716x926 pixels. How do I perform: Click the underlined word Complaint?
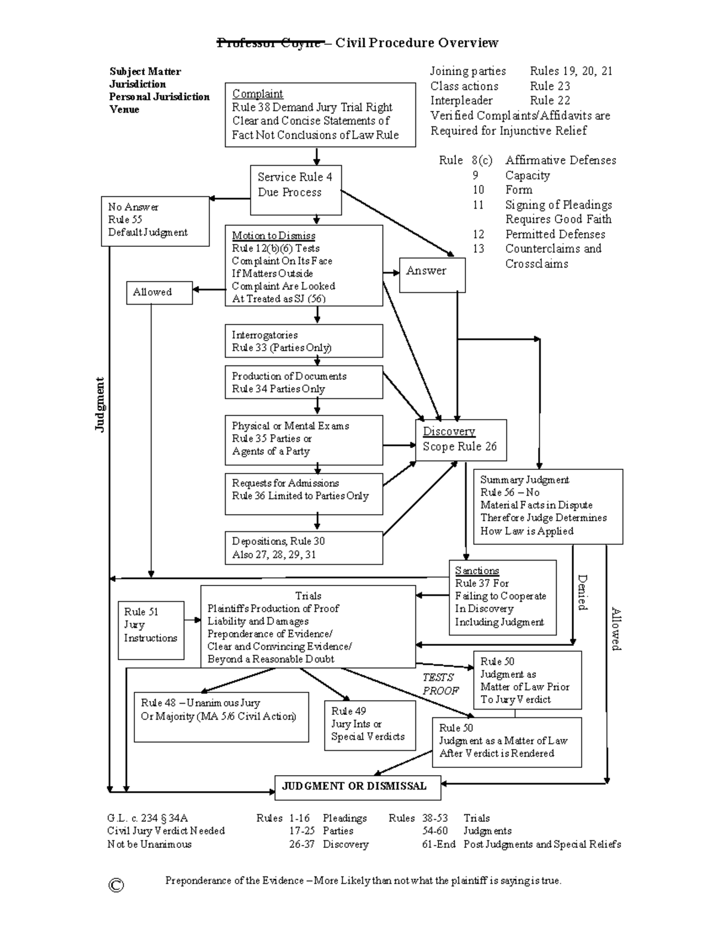click(257, 94)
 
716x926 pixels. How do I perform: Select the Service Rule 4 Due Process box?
click(296, 190)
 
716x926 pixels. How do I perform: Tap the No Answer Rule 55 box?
click(155, 221)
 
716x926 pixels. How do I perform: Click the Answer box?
click(432, 274)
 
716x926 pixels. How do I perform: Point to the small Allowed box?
click(159, 292)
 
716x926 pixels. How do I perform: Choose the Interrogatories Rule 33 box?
click(304, 341)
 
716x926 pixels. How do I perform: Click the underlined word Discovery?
click(449, 432)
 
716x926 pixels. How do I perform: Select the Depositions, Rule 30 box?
click(304, 548)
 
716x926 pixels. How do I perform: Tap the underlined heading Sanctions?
click(477, 571)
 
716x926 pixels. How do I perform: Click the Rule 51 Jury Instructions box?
click(151, 630)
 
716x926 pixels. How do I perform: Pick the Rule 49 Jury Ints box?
click(369, 725)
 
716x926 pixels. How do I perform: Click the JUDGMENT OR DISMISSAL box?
click(357, 787)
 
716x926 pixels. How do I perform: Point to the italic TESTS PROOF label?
click(440, 684)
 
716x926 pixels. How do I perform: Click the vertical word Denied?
click(582, 592)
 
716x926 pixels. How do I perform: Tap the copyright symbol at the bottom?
click(116, 885)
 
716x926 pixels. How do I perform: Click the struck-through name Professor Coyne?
click(270, 43)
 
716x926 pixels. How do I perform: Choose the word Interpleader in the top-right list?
click(461, 101)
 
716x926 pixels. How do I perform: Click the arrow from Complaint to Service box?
click(316, 156)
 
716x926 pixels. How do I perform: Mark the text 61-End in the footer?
click(439, 844)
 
